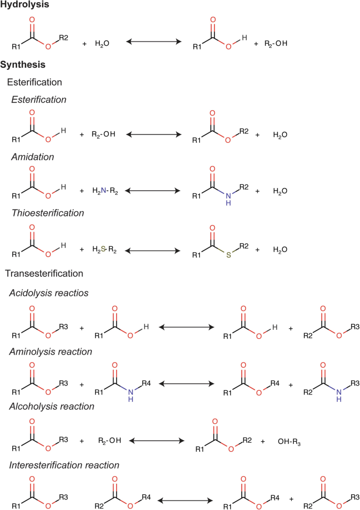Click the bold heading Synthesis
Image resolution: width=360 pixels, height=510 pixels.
click(23, 65)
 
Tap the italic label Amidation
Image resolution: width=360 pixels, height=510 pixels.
click(32, 157)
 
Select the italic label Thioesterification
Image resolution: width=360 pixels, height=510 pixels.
click(46, 213)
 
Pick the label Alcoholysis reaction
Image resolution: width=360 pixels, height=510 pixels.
click(52, 406)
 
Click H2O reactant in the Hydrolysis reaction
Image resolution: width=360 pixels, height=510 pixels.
click(102, 43)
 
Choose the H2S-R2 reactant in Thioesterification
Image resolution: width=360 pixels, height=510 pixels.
click(103, 250)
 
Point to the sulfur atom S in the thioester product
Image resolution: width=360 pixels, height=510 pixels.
click(229, 256)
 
